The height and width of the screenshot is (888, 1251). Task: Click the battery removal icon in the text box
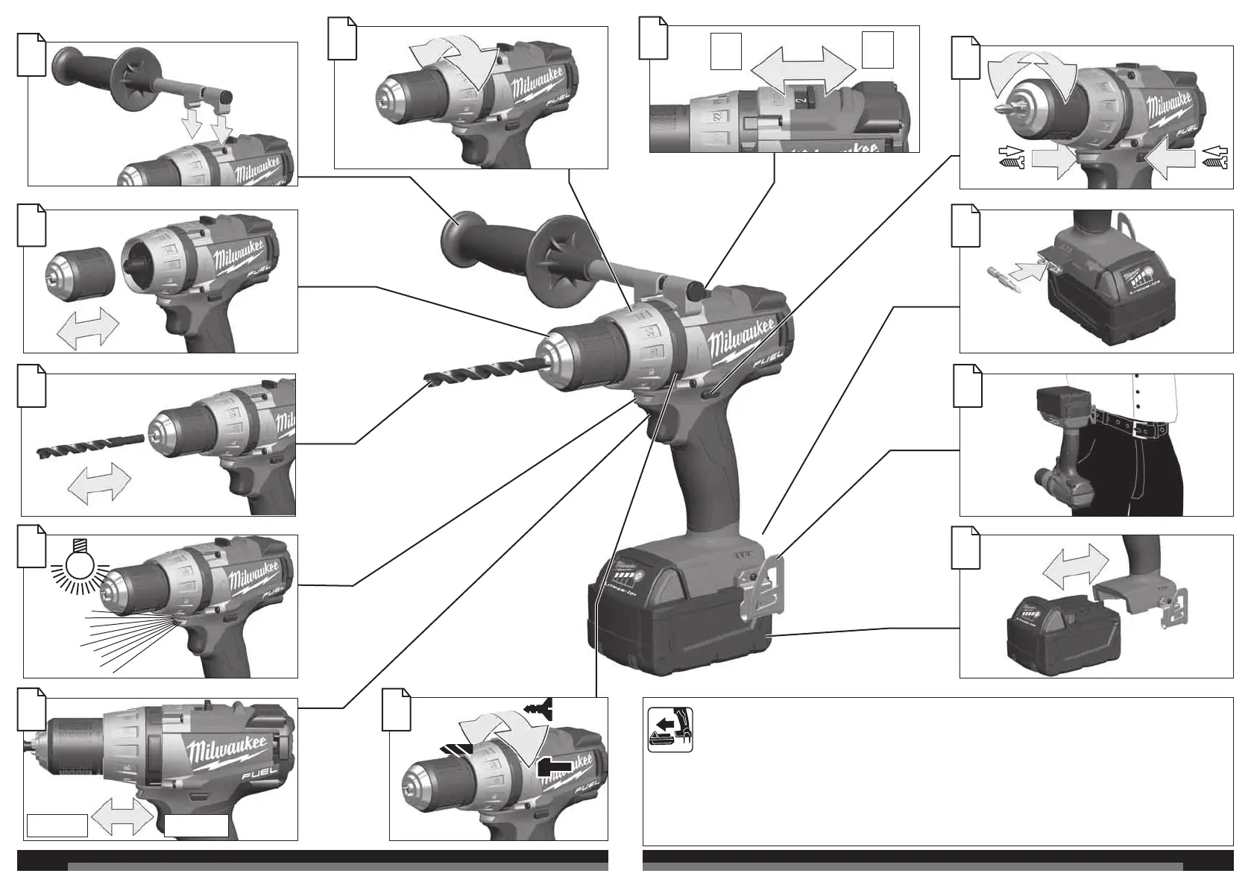click(669, 730)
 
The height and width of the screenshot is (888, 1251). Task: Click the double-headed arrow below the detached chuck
click(88, 327)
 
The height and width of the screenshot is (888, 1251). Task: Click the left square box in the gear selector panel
click(725, 51)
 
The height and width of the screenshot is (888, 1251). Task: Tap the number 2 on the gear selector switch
click(798, 95)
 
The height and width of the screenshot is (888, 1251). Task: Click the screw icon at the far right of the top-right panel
click(1214, 157)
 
